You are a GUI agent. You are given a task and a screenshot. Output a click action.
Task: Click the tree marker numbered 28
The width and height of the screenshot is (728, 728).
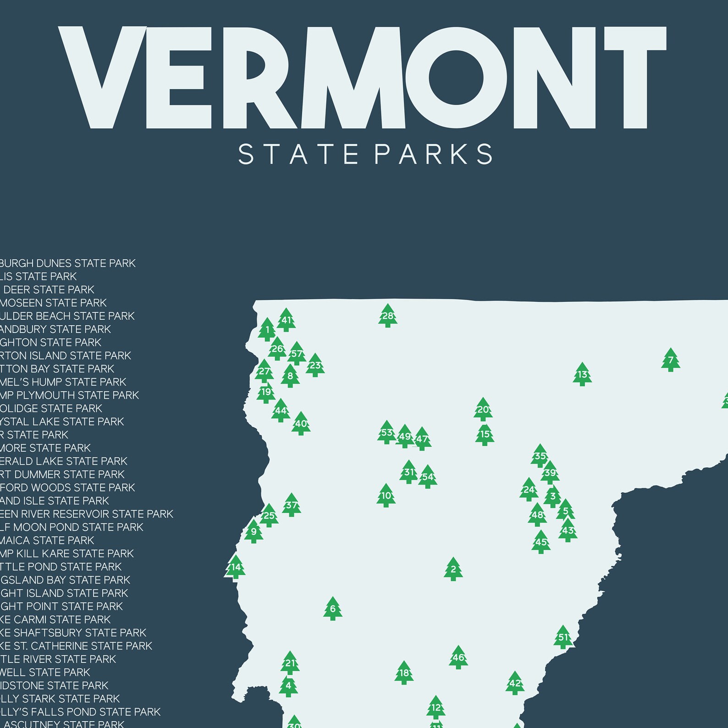click(387, 316)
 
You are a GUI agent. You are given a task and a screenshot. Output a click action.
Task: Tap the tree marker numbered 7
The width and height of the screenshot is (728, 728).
click(670, 360)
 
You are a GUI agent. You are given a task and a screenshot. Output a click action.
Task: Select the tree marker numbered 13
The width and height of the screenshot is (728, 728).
click(582, 374)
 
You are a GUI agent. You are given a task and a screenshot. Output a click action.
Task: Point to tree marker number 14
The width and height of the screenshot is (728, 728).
click(235, 567)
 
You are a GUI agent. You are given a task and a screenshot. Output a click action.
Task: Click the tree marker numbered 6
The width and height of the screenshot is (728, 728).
click(332, 609)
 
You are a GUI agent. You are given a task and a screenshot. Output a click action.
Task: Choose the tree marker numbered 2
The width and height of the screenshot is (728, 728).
click(453, 569)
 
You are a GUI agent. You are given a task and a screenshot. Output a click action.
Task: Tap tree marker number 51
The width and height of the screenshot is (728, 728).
click(563, 637)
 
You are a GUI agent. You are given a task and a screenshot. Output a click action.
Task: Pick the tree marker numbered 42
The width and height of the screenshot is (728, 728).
click(515, 683)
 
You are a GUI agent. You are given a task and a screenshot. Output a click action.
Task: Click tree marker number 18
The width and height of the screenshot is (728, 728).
click(403, 673)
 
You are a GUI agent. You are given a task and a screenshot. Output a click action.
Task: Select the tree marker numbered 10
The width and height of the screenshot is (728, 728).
click(386, 495)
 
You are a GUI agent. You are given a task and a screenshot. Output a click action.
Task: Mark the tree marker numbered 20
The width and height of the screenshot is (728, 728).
click(483, 410)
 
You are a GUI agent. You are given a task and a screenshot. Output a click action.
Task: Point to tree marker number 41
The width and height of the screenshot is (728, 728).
click(286, 320)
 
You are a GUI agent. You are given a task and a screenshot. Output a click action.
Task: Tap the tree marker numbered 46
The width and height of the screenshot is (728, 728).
click(458, 657)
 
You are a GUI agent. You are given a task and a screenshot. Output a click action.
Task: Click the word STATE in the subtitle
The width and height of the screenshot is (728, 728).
click(298, 154)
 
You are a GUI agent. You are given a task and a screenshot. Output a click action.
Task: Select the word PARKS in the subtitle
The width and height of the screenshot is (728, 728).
click(433, 154)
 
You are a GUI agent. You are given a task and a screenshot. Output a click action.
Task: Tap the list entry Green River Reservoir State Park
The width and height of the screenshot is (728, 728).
click(87, 514)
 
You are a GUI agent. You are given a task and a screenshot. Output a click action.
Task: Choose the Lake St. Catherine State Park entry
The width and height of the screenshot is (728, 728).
click(76, 646)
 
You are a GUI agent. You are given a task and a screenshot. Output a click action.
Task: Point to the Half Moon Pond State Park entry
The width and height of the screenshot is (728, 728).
click(72, 527)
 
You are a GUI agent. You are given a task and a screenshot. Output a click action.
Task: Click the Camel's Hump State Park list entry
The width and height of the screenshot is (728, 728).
click(63, 382)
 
